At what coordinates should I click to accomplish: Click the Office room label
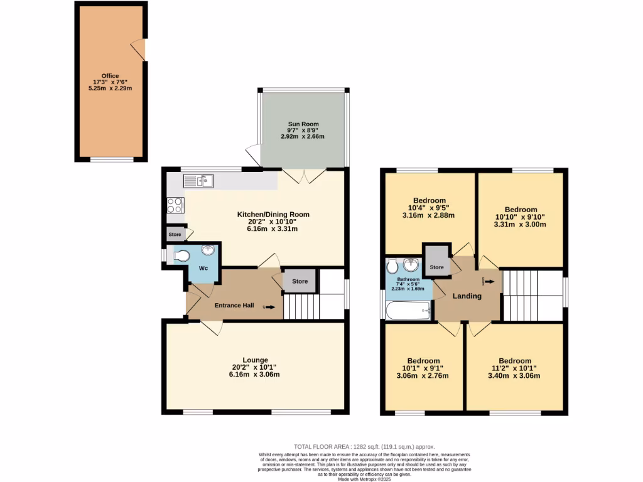coord(110,76)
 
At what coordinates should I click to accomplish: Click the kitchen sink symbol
coord(199,181)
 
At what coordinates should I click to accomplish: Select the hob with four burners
coord(175,206)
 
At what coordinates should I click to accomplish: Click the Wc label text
coord(203,268)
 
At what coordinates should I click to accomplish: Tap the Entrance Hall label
coord(234,306)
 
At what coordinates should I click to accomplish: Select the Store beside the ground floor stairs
coord(300,281)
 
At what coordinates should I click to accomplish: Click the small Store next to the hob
coord(175,235)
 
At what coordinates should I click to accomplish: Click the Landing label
coord(468,296)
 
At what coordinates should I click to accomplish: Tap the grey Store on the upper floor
coord(436,267)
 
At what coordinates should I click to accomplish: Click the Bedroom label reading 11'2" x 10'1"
coord(515,368)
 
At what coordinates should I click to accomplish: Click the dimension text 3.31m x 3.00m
coord(520,224)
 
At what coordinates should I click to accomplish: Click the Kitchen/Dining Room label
coord(273,215)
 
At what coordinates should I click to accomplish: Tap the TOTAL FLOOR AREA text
coord(364,446)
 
